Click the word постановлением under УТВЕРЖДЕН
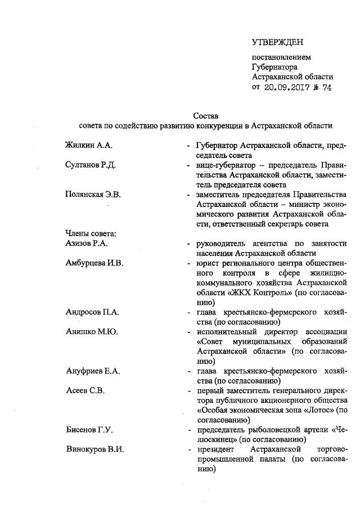point(281,57)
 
